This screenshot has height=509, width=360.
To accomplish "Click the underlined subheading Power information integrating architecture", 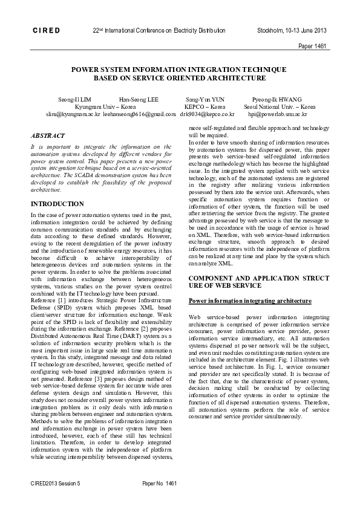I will click(x=250, y=300).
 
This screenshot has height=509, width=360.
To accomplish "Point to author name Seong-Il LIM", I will click(x=75, y=99).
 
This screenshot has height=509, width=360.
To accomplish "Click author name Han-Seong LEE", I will click(x=139, y=99).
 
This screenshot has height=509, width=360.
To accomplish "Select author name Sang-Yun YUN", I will click(x=205, y=99).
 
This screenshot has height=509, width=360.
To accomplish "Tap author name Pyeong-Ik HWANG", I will click(x=277, y=99).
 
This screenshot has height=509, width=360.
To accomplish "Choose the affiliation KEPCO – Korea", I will click(x=205, y=106).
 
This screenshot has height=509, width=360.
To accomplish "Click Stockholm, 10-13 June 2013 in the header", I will click(x=292, y=30).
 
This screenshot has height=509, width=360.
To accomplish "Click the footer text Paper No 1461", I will click(x=159, y=484).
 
